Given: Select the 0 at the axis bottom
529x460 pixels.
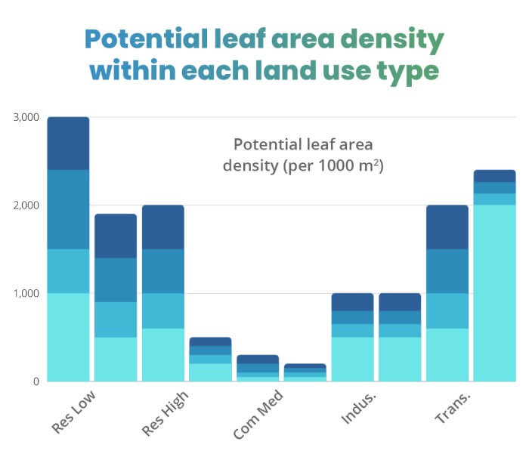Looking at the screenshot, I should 35,381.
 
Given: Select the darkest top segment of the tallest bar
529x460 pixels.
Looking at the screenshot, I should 69,144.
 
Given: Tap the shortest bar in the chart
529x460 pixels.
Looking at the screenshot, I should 305,372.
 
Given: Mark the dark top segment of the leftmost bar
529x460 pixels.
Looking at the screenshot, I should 69,144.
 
